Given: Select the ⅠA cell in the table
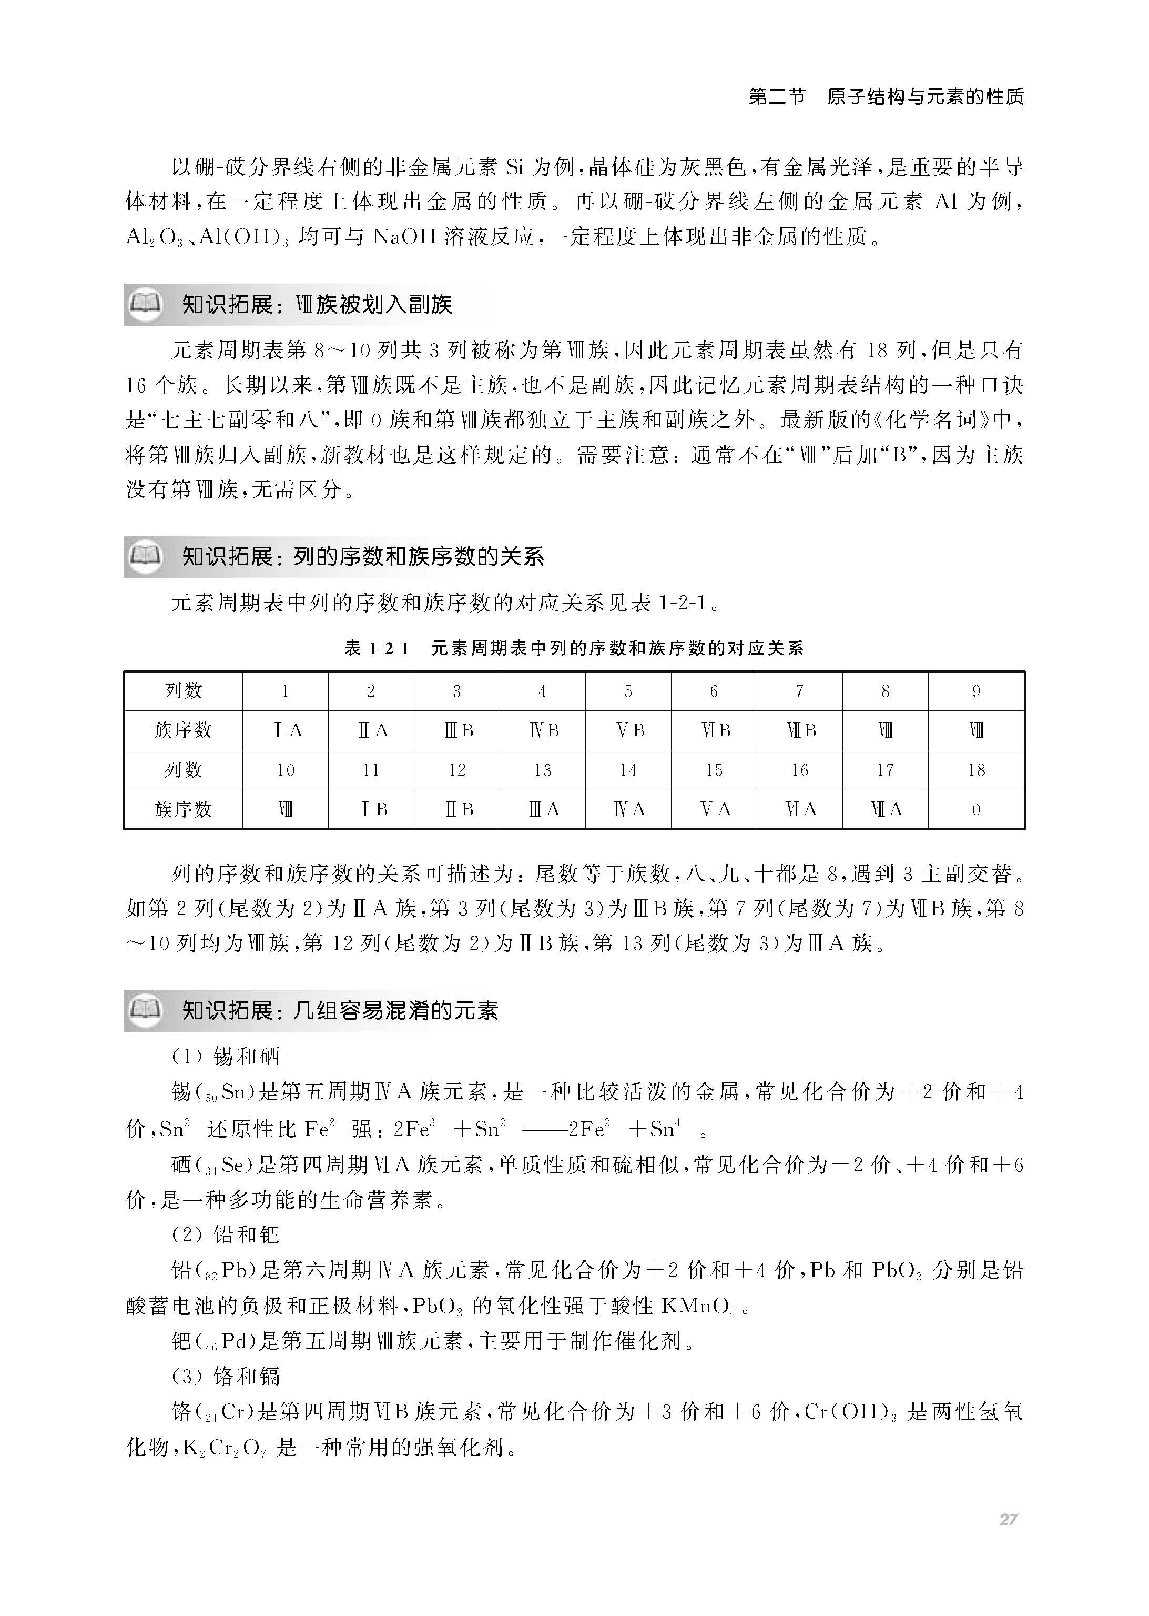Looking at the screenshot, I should pyautogui.click(x=286, y=730).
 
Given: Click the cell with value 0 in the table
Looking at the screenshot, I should pyautogui.click(x=977, y=810).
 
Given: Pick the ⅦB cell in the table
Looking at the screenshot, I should pyautogui.click(x=799, y=730).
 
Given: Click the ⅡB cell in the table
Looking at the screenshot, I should pyautogui.click(x=457, y=810).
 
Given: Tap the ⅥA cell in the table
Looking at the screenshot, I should pyautogui.click(x=799, y=810).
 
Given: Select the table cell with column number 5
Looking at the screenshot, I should pyautogui.click(x=628, y=691).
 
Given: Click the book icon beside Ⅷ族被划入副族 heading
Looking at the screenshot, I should pyautogui.click(x=145, y=304).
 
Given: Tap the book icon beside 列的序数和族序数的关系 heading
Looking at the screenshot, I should pyautogui.click(x=145, y=556).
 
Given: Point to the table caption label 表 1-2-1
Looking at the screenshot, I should pyautogui.click(x=377, y=648).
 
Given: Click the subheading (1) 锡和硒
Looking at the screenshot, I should pyautogui.click(x=226, y=1057).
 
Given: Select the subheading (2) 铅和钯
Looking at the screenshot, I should pyautogui.click(x=226, y=1235).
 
